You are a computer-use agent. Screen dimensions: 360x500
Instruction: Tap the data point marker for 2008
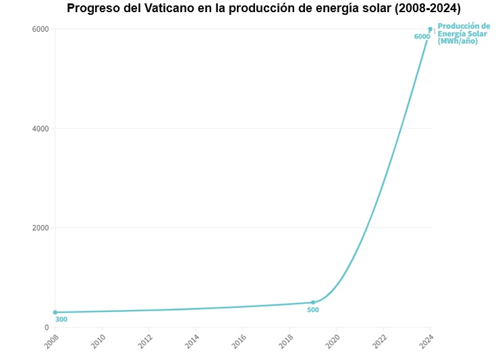click(x=55, y=312)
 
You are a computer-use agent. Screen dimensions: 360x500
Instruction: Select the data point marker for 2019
click(x=313, y=302)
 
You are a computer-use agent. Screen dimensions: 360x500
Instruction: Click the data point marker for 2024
click(x=430, y=29)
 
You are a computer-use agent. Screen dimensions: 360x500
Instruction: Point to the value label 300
click(x=61, y=319)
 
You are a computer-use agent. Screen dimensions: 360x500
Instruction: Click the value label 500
click(x=313, y=310)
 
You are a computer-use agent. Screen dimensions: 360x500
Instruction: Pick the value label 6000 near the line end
click(x=422, y=36)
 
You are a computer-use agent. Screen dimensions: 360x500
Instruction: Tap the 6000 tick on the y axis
click(x=40, y=29)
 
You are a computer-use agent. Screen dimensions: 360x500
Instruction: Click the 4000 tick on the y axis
click(x=40, y=128)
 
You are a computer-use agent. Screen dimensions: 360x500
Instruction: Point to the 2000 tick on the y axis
click(x=40, y=228)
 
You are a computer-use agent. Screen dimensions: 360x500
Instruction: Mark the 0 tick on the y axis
click(x=47, y=327)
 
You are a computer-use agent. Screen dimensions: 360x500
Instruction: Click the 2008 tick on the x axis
click(x=52, y=340)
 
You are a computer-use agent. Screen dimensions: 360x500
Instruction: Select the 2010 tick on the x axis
click(x=99, y=340)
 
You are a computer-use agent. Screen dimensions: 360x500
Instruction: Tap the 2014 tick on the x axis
click(x=193, y=340)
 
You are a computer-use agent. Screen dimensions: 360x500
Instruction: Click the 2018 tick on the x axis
click(x=287, y=340)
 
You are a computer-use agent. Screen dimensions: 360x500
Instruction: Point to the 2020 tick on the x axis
click(x=334, y=340)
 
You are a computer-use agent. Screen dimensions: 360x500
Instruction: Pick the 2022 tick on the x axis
click(x=381, y=340)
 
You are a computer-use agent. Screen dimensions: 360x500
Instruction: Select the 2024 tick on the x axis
click(x=428, y=340)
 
